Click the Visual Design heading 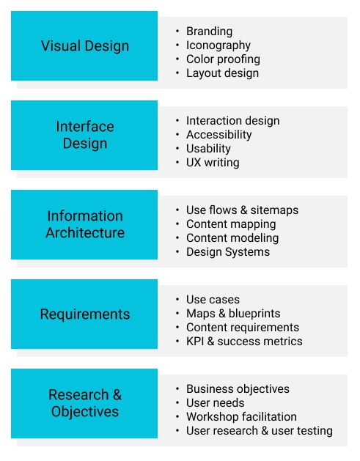[85, 46]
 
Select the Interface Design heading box [84, 136]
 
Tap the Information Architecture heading [85, 224]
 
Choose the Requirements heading [85, 314]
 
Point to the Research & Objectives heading [85, 403]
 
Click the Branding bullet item [209, 32]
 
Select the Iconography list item [218, 45]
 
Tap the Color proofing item [223, 59]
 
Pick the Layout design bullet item [222, 73]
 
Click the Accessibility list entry [218, 135]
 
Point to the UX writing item [213, 163]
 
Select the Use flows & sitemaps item [243, 210]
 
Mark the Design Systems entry [228, 252]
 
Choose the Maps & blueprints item [233, 314]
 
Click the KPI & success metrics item [244, 342]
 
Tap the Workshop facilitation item [241, 416]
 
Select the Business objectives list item [238, 389]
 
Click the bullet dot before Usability [177, 149]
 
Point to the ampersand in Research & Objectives [117, 394]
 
